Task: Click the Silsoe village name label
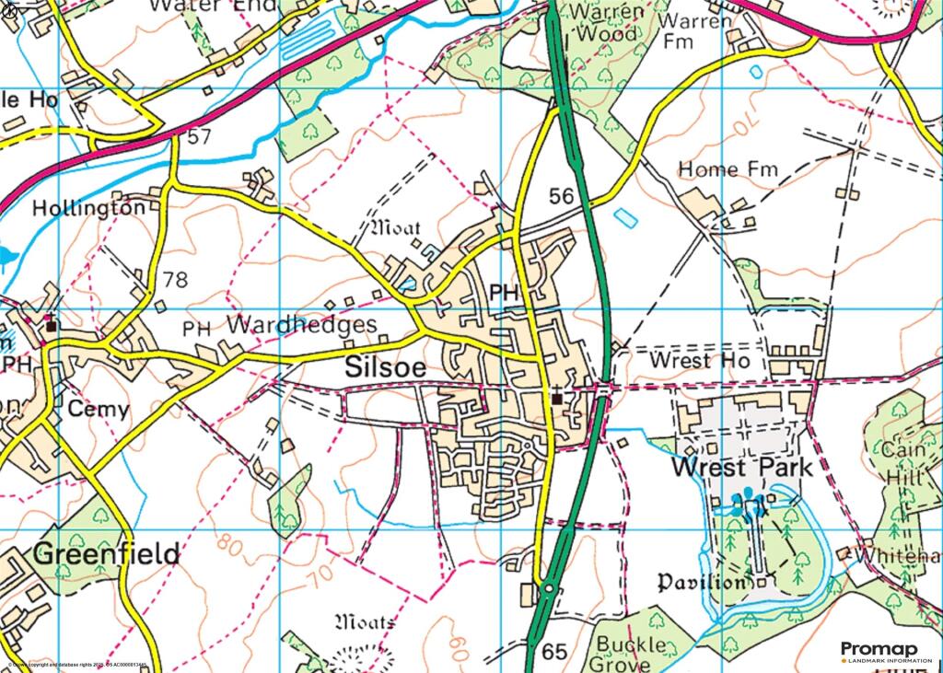[x=386, y=367]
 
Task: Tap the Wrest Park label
[x=742, y=467]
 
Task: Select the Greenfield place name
[x=107, y=554]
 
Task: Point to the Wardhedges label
[x=302, y=325]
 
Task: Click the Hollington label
[x=88, y=209]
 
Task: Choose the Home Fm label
[x=728, y=169]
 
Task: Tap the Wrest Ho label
[x=693, y=360]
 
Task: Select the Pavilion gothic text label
[x=702, y=583]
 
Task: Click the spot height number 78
[x=175, y=279]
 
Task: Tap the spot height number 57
[x=198, y=137]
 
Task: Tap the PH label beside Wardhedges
[x=197, y=328]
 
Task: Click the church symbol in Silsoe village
[x=557, y=398]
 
